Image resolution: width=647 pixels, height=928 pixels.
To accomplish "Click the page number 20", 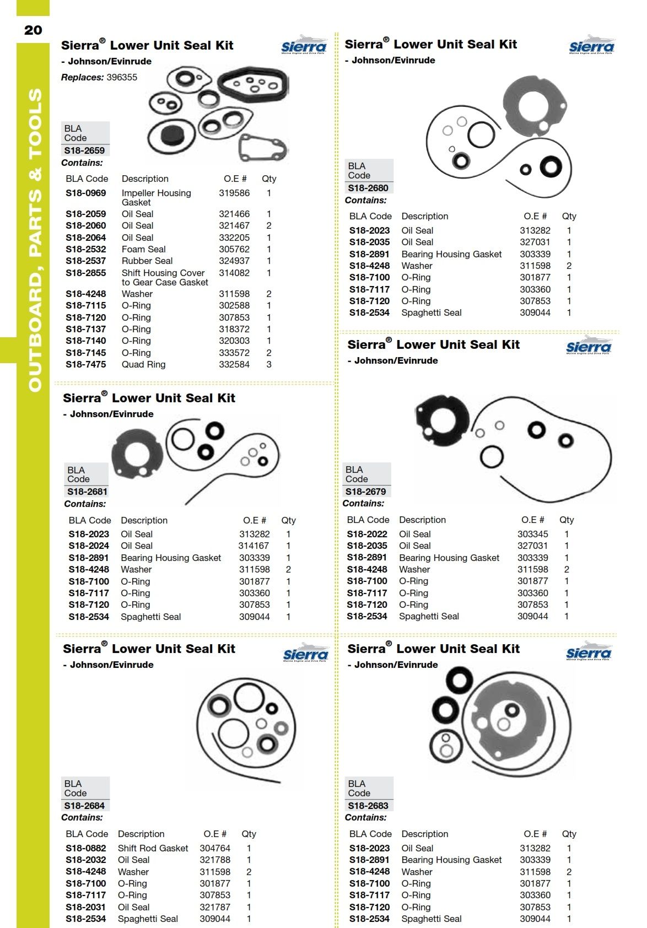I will [x=33, y=30].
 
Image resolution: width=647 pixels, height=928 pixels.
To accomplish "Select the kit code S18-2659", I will [x=84, y=150].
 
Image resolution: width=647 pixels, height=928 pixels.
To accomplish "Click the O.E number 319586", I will [x=234, y=193].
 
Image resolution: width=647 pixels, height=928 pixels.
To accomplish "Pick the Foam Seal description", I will [x=143, y=249].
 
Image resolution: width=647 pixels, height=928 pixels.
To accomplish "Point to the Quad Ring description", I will [x=143, y=364].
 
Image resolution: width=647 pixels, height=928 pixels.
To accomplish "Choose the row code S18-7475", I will [x=85, y=364].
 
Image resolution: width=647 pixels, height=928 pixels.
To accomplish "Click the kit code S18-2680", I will [x=368, y=188].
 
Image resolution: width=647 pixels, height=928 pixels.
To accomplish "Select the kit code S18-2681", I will [x=87, y=492].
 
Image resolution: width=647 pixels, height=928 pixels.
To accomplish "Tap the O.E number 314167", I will [x=254, y=546].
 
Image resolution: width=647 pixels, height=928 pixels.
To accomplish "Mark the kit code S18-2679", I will [x=365, y=492].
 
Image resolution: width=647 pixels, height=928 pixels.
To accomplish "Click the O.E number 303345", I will [x=532, y=534].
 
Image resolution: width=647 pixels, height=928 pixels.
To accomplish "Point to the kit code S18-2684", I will [x=84, y=806].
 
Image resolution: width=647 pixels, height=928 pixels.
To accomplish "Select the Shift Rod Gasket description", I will [x=153, y=848].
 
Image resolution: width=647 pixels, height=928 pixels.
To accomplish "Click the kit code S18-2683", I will [x=368, y=806].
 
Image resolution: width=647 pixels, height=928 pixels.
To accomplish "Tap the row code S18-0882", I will [x=85, y=848].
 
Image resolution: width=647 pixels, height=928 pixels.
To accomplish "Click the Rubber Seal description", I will [x=147, y=261].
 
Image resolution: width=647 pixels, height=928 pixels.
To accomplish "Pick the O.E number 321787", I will [x=215, y=907].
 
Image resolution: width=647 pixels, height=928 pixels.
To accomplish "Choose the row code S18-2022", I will [x=367, y=534].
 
